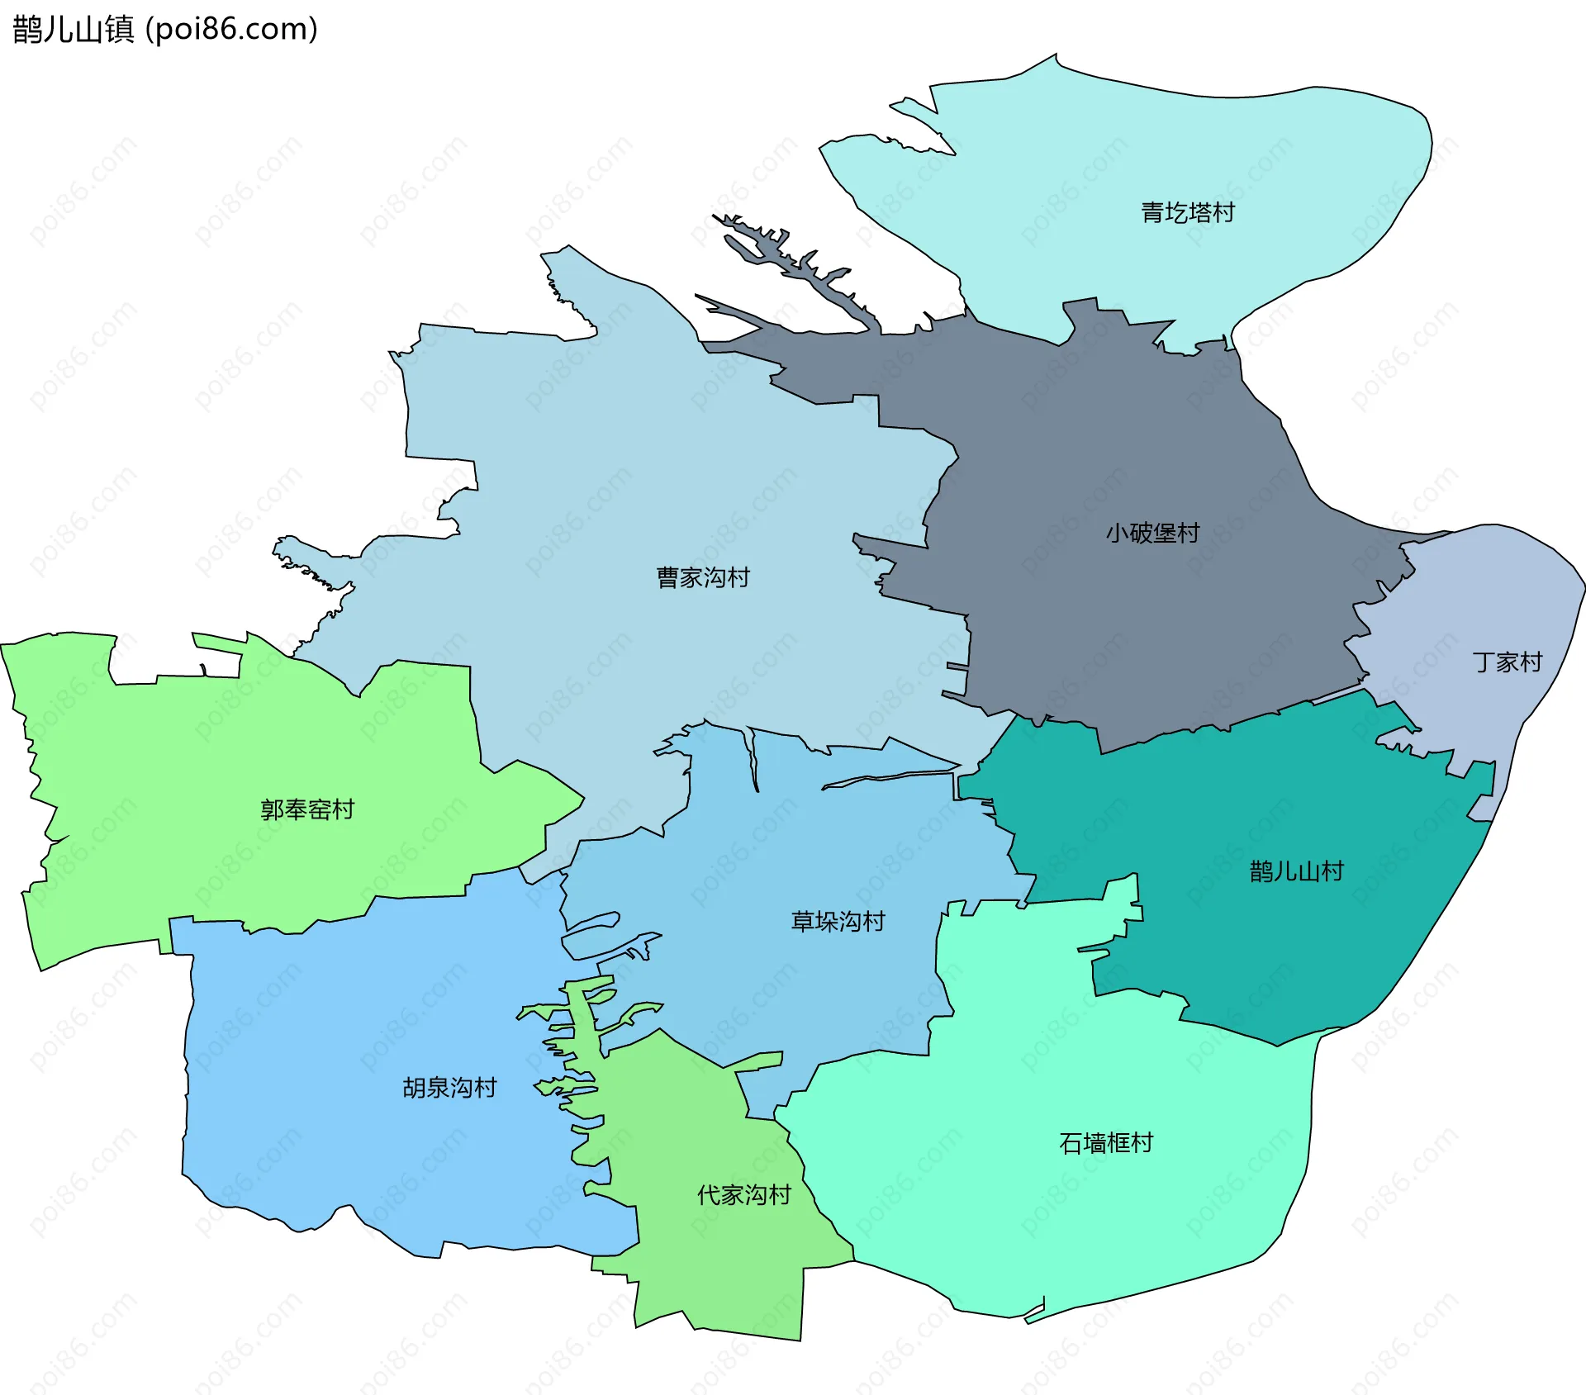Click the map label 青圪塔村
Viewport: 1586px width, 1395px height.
click(x=1187, y=213)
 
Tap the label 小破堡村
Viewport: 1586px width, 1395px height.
click(x=1152, y=533)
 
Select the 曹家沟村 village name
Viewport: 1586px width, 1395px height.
click(x=703, y=577)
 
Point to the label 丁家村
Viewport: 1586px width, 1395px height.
click(x=1508, y=662)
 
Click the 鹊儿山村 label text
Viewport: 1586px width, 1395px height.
click(x=1296, y=871)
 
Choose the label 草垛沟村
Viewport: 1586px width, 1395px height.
click(x=838, y=921)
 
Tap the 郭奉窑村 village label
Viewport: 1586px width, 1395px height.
click(x=307, y=809)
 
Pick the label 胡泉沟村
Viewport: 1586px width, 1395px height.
click(x=449, y=1088)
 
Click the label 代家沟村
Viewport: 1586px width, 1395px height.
click(x=743, y=1195)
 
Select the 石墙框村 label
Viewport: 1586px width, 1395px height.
click(x=1106, y=1143)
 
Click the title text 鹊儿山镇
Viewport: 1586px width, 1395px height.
click(x=74, y=30)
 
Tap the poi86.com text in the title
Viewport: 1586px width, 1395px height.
click(x=231, y=30)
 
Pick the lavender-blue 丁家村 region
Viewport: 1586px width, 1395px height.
click(x=1487, y=595)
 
